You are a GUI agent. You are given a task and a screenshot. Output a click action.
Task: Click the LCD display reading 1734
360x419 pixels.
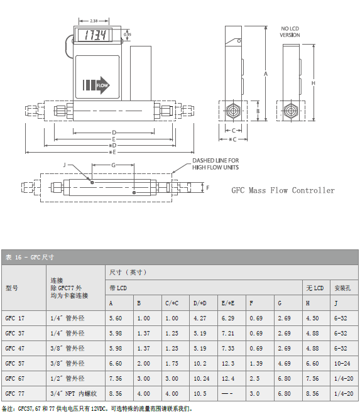(95, 35)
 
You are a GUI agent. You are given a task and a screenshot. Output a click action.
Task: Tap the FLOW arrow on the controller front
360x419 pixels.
(95, 85)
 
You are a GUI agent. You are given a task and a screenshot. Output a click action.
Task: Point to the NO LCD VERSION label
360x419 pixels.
(290, 32)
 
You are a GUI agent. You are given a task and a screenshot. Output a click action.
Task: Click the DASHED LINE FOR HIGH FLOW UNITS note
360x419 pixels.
(215, 164)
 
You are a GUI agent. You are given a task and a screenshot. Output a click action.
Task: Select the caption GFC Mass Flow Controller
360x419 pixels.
(283, 190)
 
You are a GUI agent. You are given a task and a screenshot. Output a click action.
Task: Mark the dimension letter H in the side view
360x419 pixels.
(313, 83)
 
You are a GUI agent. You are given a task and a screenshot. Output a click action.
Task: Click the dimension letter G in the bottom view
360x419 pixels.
(113, 165)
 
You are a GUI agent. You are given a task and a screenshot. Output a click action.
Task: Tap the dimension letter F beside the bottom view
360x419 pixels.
(208, 187)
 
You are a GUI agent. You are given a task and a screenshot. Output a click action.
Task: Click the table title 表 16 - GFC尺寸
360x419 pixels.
(30, 258)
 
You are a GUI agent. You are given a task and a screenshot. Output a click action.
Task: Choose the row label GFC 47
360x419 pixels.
(15, 348)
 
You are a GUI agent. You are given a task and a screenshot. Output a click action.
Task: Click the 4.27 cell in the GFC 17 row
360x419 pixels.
(199, 318)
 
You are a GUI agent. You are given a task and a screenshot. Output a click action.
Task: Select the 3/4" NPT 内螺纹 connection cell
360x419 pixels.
(73, 393)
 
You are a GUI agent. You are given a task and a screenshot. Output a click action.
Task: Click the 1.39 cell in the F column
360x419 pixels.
(256, 363)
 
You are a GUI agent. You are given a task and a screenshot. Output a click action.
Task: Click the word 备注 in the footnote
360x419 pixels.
(8, 408)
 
